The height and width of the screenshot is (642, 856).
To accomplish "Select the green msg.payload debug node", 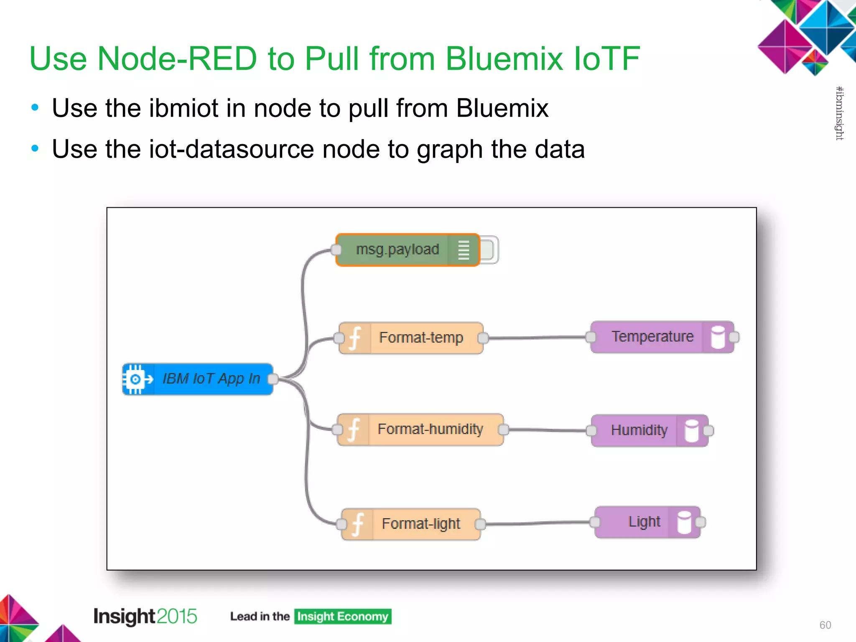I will click(x=397, y=250).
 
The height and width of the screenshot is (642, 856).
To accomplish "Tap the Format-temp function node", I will click(x=420, y=338).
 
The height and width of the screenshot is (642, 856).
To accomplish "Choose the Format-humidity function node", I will click(x=430, y=429).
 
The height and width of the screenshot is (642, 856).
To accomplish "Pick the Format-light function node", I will click(x=420, y=524).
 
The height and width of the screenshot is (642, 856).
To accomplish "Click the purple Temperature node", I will click(x=652, y=337).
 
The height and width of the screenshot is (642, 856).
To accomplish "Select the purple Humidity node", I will click(x=639, y=430).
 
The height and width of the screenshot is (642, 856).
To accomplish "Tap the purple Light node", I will click(x=644, y=522).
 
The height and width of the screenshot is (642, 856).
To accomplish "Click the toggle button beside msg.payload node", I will click(x=488, y=250).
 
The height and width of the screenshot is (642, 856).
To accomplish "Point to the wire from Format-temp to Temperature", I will click(x=537, y=337).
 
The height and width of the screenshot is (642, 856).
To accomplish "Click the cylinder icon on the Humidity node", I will click(x=692, y=431).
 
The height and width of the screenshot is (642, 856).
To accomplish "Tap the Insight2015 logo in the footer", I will click(x=145, y=617).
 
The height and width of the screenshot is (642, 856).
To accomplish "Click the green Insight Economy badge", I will click(x=342, y=617).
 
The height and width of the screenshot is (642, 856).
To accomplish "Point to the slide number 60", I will click(x=825, y=625).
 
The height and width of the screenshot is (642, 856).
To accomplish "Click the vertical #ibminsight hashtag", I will click(x=839, y=113).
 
